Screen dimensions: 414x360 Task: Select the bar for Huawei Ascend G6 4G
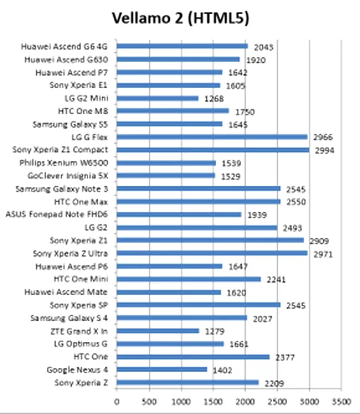coord(182,46)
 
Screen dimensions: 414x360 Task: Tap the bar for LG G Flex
coord(211,137)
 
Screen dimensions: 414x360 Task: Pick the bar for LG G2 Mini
coord(157,98)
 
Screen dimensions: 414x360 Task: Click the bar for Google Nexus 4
coord(162,370)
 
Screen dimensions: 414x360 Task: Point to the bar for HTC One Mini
coord(188,279)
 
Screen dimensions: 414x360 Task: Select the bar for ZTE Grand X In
coord(157,331)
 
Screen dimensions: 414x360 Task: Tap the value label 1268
coord(213,99)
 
